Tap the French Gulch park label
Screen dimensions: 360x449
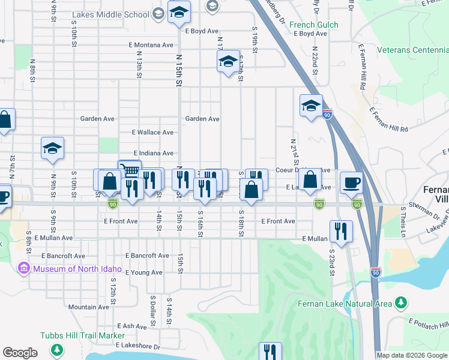coord(313,25)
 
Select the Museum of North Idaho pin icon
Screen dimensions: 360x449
coord(25,268)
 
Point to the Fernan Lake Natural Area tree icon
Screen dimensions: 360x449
coord(402,304)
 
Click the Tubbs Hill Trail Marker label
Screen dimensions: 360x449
coord(82,335)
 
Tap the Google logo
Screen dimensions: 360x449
coord(20,353)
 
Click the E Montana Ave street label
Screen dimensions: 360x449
coord(151,45)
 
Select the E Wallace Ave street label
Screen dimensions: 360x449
coord(152,133)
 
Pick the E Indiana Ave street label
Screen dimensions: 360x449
coord(153,154)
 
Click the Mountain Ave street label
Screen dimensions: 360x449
coord(88,307)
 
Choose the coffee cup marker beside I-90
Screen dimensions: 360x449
coord(351,182)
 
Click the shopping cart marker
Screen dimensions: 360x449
coord(130,171)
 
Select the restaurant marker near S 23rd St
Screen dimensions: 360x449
coord(342,232)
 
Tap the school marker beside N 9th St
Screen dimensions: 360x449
coord(53,148)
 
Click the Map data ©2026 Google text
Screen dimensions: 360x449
coord(412,355)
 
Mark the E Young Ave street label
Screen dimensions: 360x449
coord(143,272)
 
